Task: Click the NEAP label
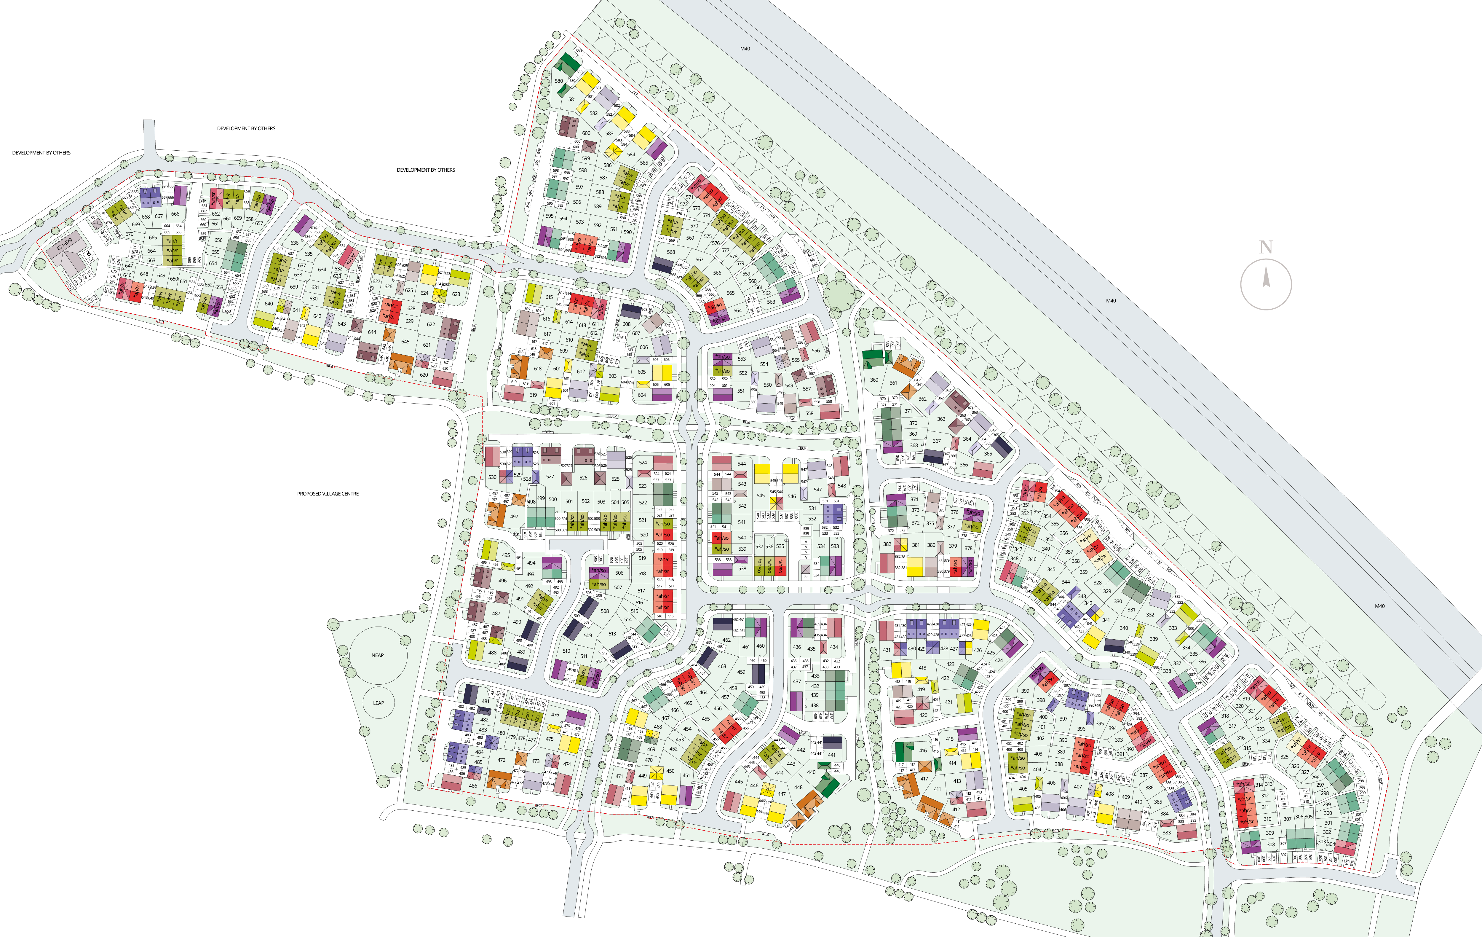pos(377,655)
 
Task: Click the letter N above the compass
pos(1265,248)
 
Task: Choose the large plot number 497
pos(514,517)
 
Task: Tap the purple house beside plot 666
pos(181,195)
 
